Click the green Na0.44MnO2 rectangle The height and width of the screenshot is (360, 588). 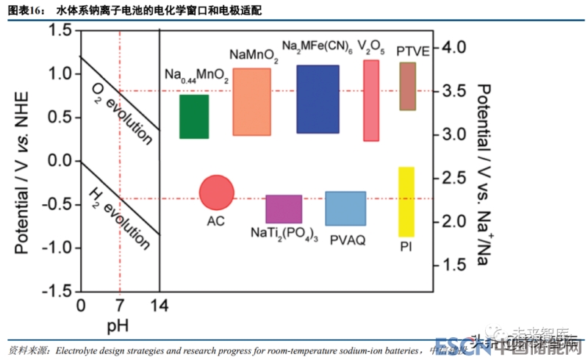pos(194,117)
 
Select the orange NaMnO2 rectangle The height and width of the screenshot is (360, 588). pos(251,102)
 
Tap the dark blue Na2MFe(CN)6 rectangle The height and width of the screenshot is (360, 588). pos(318,99)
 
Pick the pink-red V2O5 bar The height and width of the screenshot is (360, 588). pos(371,101)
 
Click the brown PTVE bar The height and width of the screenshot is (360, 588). pos(408,87)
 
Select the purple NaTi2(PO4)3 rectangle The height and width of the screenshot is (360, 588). pos(284,209)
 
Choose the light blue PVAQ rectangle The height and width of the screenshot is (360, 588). pos(345,209)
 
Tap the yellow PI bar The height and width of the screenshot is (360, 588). pos(406,202)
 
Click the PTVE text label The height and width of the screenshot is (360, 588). pos(412,51)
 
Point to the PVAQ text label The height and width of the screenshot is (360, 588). pos(348,240)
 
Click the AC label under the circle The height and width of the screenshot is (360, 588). pos(216,220)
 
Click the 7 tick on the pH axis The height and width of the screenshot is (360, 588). pos(118,306)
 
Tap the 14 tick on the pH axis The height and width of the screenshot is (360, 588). pos(159,306)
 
